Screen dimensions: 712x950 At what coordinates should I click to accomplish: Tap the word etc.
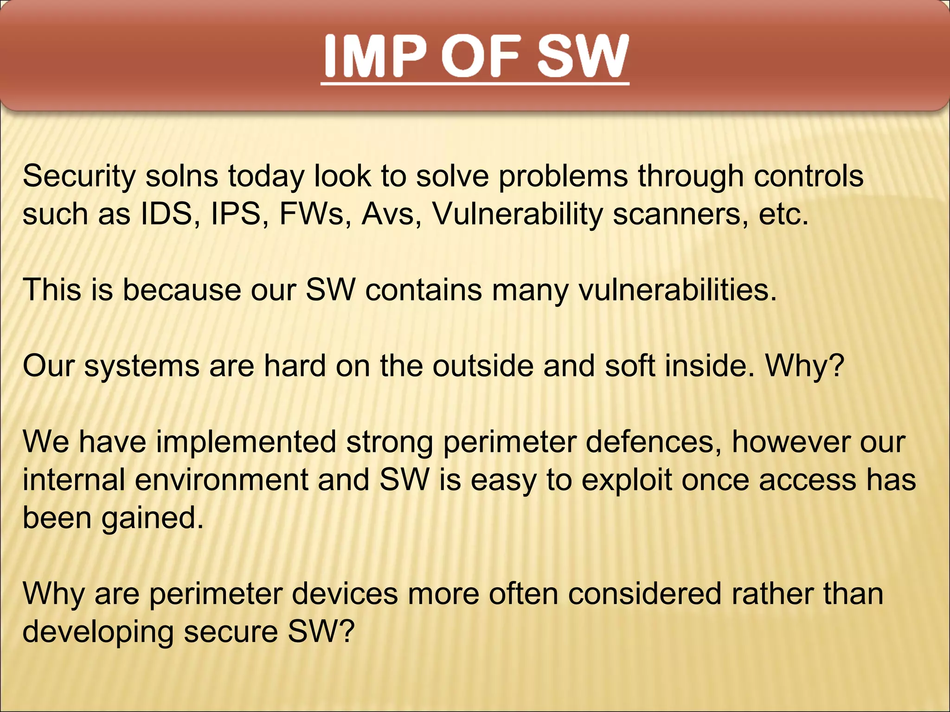click(783, 215)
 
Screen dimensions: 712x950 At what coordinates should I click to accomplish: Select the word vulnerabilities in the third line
click(677, 291)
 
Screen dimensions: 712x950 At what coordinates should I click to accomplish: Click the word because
click(181, 291)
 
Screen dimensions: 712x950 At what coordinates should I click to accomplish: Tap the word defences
click(653, 442)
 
